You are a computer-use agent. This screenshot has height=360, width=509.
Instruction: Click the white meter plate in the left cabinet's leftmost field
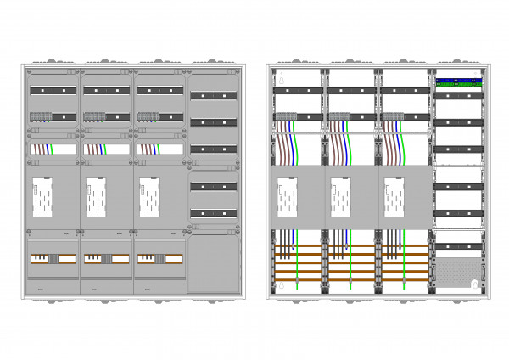pyautogui.click(x=42, y=198)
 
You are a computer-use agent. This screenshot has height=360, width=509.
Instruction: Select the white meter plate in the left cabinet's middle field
pyautogui.click(x=95, y=198)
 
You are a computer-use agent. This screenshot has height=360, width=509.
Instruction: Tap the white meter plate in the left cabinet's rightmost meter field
pyautogui.click(x=149, y=198)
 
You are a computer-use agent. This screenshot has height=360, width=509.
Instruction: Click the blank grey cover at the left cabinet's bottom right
pyautogui.click(x=214, y=264)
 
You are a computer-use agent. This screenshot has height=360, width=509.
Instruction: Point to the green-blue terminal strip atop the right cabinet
pyautogui.click(x=459, y=82)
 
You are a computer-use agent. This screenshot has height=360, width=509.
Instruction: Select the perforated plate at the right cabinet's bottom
pyautogui.click(x=459, y=273)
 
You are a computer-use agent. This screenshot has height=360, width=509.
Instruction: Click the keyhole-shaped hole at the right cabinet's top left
pyautogui.click(x=283, y=82)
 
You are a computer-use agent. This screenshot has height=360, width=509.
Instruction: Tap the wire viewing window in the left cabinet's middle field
pyautogui.click(x=105, y=149)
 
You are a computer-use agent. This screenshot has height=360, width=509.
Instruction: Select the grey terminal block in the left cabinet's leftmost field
pyautogui.click(x=42, y=116)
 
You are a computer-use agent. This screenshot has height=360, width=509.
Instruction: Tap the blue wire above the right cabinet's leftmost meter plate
pyautogui.click(x=296, y=144)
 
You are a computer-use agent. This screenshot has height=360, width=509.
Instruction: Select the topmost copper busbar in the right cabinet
pyautogui.click(x=353, y=247)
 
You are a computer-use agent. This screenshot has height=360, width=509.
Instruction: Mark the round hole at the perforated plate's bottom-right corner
pyautogui.click(x=473, y=284)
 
